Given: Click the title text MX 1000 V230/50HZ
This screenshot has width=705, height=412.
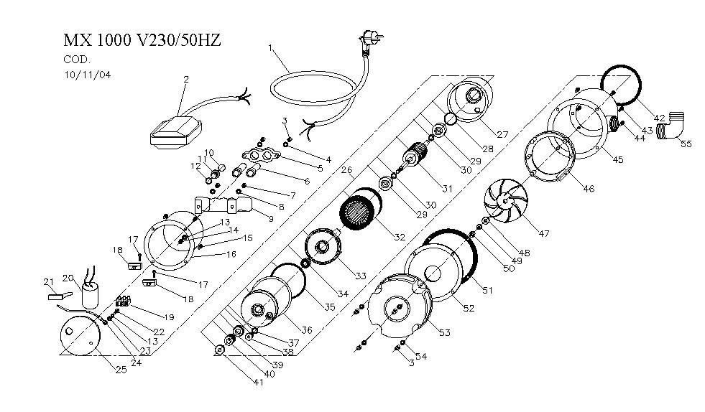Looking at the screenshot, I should (x=142, y=40).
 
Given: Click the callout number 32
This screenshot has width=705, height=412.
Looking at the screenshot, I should (x=400, y=237).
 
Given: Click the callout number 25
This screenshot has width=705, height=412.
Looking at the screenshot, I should (x=121, y=369).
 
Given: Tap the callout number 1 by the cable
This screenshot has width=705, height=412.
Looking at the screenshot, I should (x=270, y=49).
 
